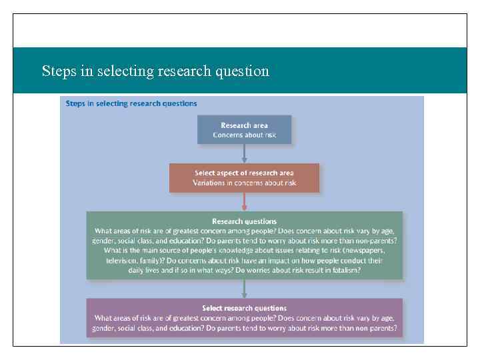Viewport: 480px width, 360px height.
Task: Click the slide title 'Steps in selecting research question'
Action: [x=155, y=71]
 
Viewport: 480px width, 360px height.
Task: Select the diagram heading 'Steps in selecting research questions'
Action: [x=131, y=103]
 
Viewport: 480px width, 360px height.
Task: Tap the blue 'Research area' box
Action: [x=244, y=129]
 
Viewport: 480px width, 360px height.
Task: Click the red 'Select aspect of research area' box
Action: [x=244, y=178]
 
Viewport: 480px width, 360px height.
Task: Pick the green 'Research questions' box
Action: [x=244, y=245]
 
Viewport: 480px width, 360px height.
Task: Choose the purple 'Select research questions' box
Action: [x=244, y=318]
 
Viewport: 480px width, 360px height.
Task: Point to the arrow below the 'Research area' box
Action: [x=244, y=153]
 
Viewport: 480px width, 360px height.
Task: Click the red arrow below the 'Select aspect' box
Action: [x=244, y=202]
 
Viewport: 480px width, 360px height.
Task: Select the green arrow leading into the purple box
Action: [x=244, y=288]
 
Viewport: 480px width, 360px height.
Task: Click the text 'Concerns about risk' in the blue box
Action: [x=244, y=135]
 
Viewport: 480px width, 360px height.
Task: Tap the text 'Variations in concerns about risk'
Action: [x=244, y=183]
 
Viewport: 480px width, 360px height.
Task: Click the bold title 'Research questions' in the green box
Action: [x=244, y=221]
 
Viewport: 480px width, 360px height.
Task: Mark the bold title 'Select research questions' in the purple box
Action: [x=244, y=308]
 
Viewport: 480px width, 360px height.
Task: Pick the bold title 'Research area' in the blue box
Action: [x=244, y=125]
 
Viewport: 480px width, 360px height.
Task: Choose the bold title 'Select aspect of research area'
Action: [x=244, y=173]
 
